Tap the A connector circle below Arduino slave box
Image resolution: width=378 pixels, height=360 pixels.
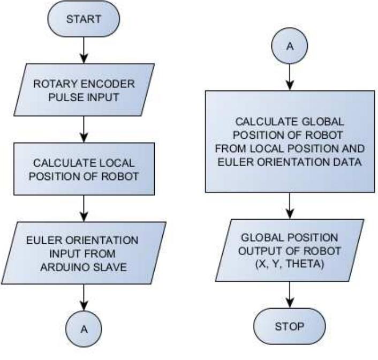coord(84,329)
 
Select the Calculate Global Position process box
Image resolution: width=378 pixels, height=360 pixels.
coord(290,142)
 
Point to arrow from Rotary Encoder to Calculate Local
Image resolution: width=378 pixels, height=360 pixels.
coord(84,129)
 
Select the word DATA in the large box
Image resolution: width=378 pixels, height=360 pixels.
coord(341,163)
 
